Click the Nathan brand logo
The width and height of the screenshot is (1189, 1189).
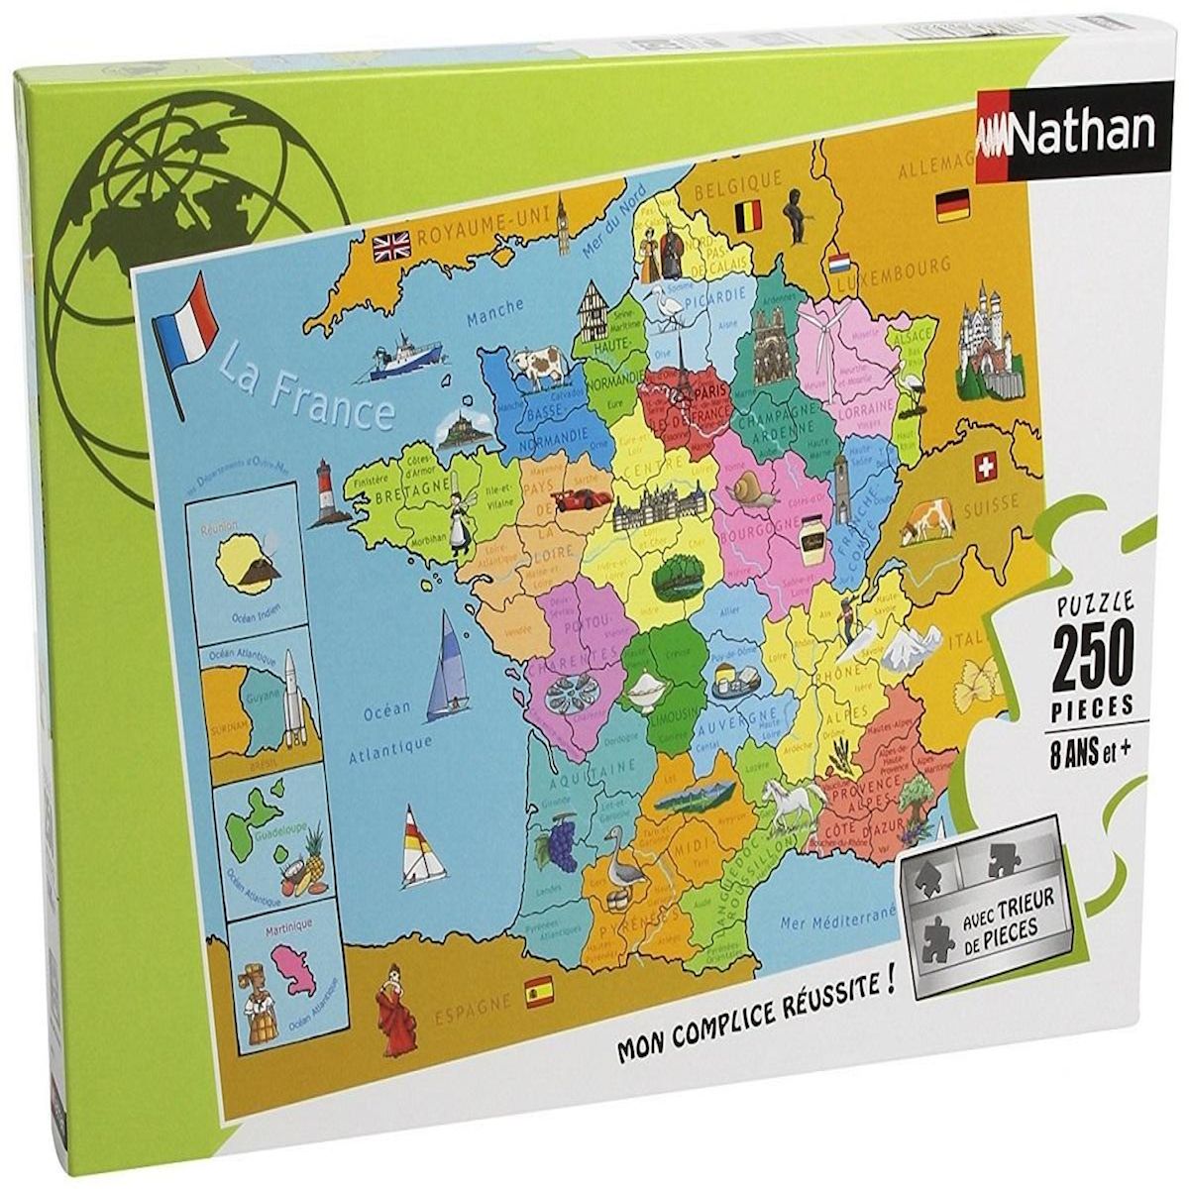click(x=1065, y=132)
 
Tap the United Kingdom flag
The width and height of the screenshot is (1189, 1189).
click(x=391, y=245)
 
